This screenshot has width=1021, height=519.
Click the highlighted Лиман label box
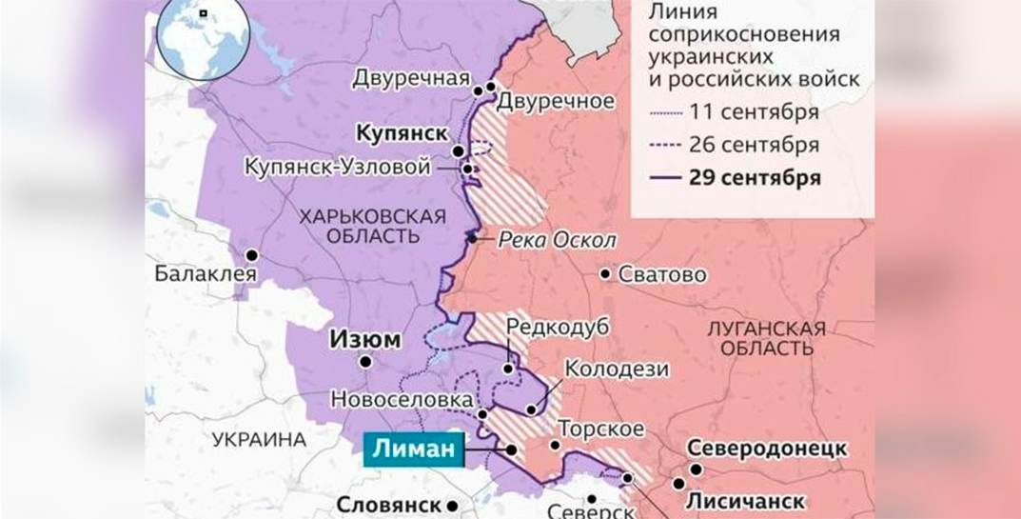tap(412, 449)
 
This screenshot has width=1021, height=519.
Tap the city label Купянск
tap(402, 132)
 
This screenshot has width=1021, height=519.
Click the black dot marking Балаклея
tap(252, 255)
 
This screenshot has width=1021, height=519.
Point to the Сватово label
tap(662, 275)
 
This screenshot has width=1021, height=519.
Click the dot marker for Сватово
tap(605, 274)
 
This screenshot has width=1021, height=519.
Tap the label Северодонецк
tap(766, 449)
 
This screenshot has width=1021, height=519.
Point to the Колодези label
tap(617, 369)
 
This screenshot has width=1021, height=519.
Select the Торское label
tap(600, 429)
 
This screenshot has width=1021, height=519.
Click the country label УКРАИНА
tap(259, 440)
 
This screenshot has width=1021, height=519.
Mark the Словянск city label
tap(389, 506)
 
